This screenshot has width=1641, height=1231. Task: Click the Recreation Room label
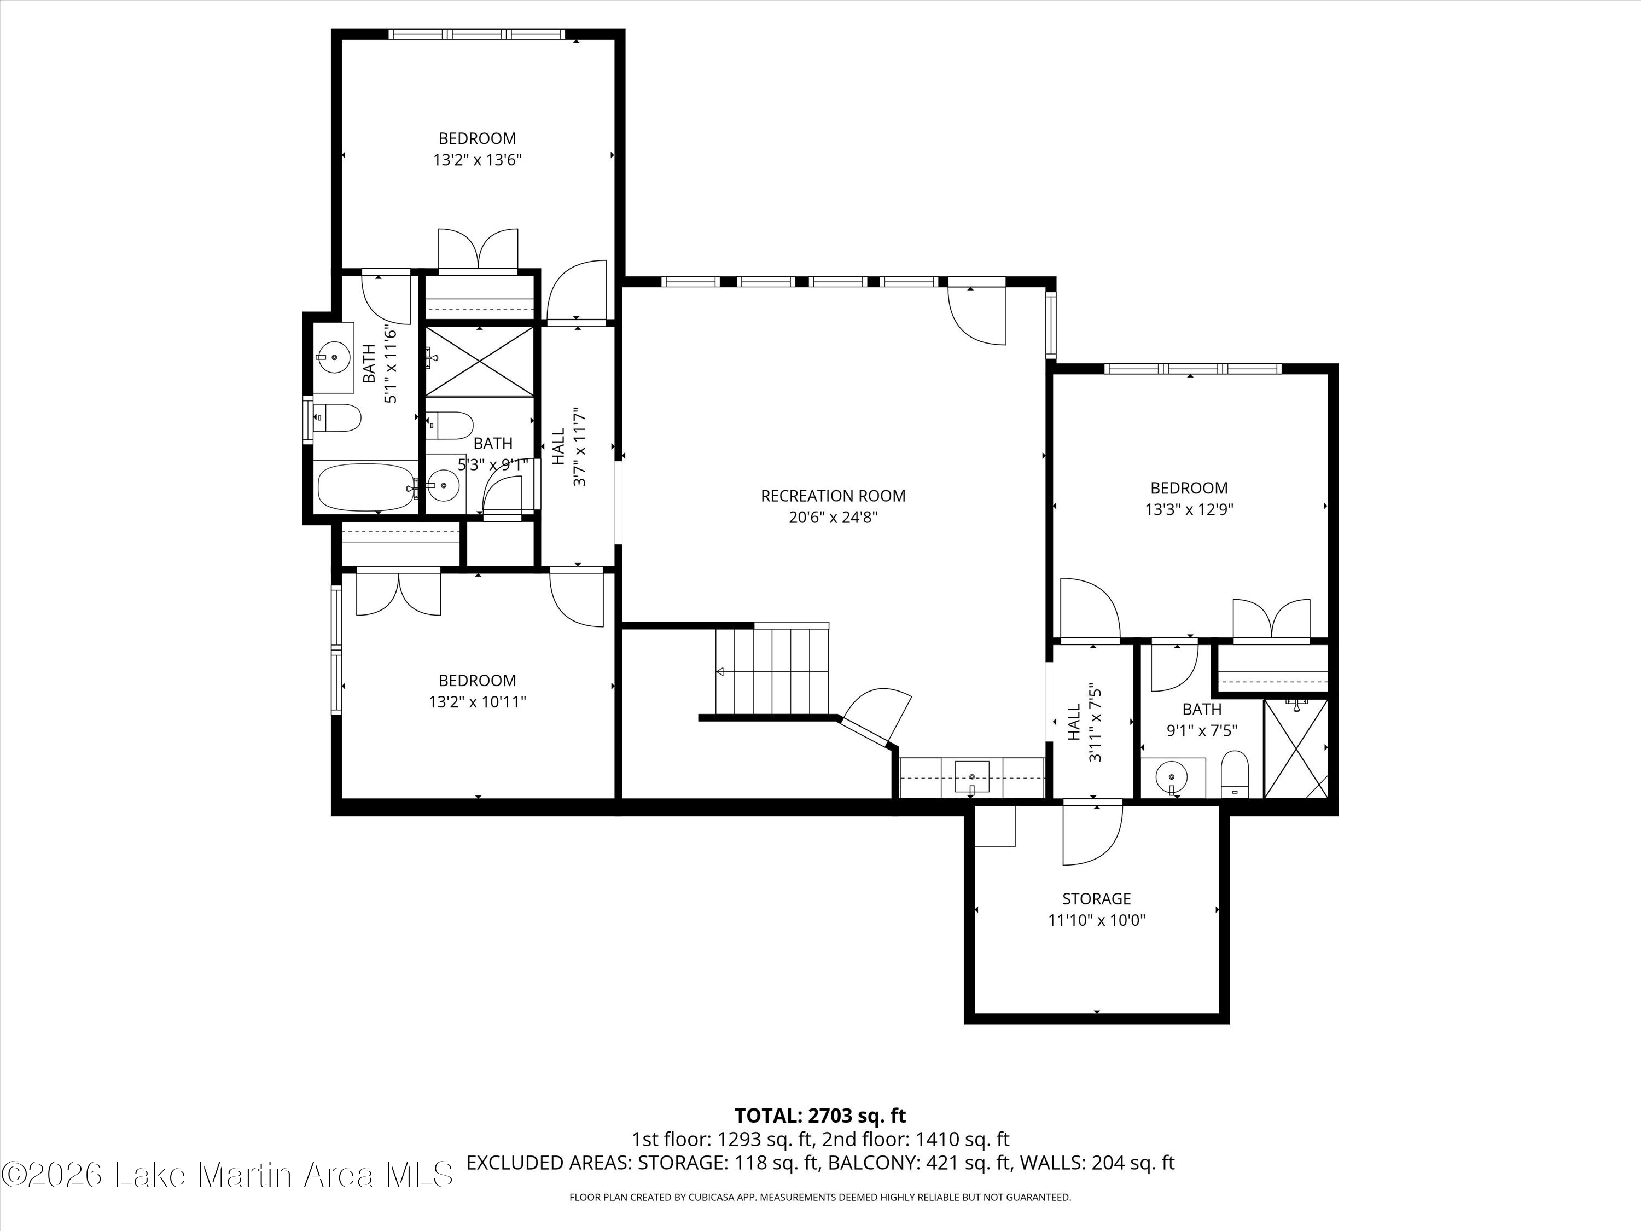click(x=833, y=496)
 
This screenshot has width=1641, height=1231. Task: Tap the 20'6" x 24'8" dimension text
click(x=833, y=517)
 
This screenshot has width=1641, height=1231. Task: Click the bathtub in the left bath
click(x=366, y=487)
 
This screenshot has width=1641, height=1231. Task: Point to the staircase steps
click(x=771, y=670)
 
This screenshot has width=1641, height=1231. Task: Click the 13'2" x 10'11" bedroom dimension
click(x=477, y=702)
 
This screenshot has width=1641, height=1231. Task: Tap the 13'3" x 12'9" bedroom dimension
click(x=1189, y=510)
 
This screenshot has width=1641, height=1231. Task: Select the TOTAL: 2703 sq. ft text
click(x=820, y=1136)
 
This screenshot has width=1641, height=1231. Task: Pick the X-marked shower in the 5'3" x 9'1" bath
click(x=479, y=361)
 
